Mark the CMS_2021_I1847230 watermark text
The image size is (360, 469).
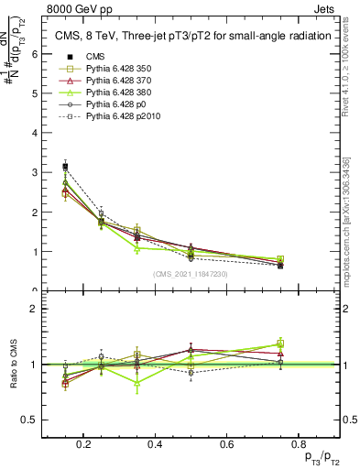tap(191, 274)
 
